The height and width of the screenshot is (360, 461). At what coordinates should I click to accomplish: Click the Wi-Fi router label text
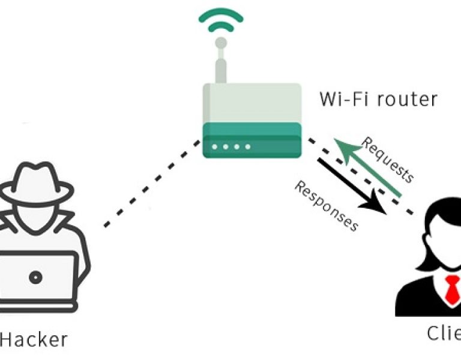tap(378, 98)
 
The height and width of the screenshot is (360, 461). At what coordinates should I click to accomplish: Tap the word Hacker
tap(34, 339)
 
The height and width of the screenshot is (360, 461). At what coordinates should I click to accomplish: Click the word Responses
tap(326, 206)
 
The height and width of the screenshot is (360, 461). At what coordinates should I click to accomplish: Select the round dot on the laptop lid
tap(37, 277)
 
